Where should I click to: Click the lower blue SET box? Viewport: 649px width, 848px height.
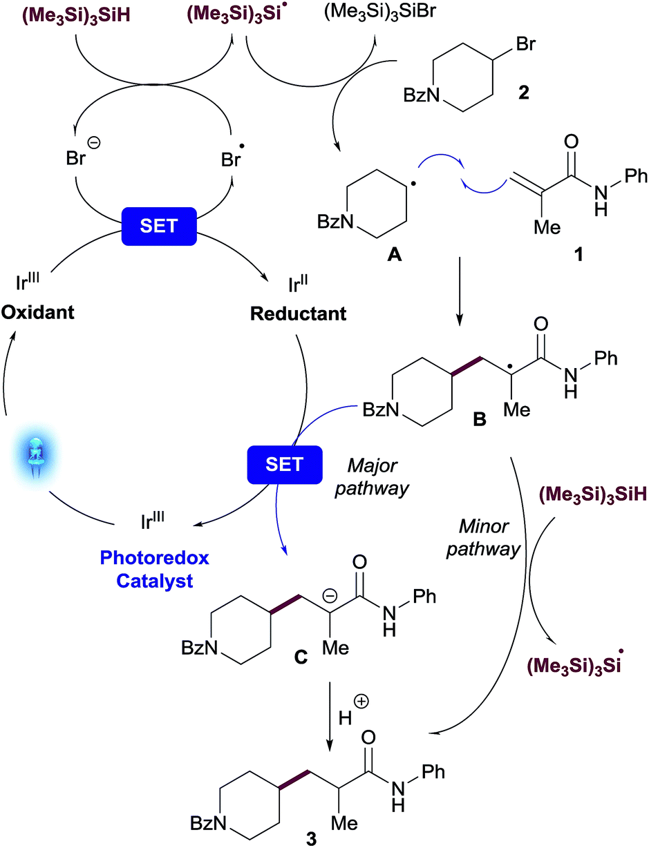coord(285,464)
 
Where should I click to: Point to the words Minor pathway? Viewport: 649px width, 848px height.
coord(489,541)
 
